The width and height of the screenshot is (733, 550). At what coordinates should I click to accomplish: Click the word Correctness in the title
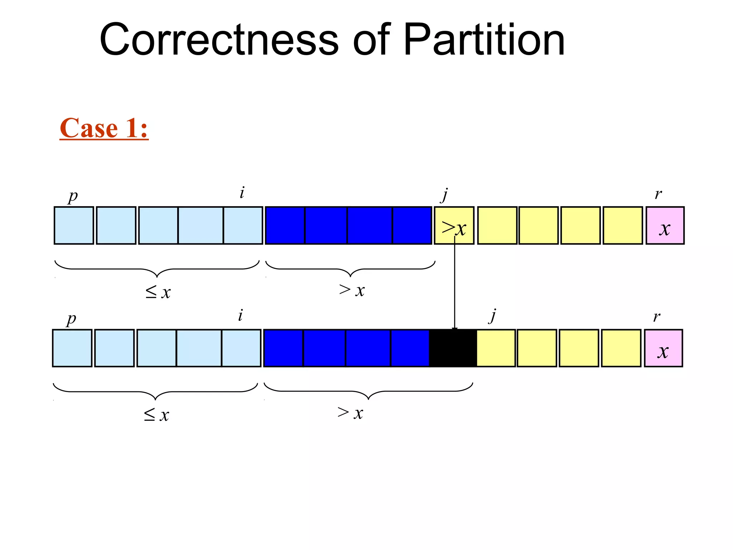(219, 39)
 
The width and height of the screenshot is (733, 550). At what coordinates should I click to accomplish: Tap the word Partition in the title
(484, 39)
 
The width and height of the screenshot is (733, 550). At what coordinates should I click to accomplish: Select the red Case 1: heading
(104, 128)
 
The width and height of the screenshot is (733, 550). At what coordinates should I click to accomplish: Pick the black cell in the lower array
(453, 348)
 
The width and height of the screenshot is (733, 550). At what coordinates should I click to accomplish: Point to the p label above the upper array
(73, 196)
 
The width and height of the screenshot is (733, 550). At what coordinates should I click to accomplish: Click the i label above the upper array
(242, 193)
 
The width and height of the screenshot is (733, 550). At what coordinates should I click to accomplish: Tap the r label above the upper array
(658, 194)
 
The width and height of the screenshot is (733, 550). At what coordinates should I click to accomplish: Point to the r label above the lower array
(656, 317)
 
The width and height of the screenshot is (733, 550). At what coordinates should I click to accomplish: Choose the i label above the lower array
(240, 315)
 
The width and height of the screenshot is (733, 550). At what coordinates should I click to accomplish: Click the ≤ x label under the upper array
(158, 292)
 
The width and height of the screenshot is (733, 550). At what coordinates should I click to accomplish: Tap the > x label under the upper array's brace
(352, 290)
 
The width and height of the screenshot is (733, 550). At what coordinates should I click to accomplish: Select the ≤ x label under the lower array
(156, 415)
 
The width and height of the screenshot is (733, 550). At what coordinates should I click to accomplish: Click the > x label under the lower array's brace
(350, 413)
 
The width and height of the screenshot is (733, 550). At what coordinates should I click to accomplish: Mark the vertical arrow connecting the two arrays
(455, 286)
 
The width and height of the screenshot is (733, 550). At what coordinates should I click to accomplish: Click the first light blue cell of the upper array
(74, 226)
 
